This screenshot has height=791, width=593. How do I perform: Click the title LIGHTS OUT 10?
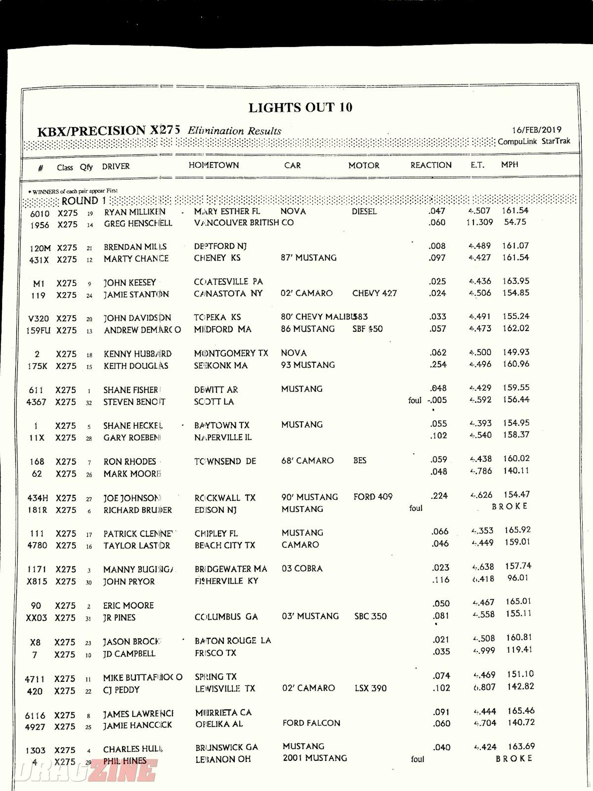tap(300, 108)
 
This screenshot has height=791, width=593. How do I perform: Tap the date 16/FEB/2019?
tap(536, 130)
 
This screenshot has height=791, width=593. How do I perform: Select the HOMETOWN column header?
tap(213, 165)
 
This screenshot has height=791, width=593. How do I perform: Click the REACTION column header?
tap(430, 165)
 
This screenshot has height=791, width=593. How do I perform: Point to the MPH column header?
tap(509, 165)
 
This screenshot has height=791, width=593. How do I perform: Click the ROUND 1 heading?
tap(84, 201)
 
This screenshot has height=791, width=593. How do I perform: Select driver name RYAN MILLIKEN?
tap(134, 212)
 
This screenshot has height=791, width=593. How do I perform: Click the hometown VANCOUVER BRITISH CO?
tap(244, 223)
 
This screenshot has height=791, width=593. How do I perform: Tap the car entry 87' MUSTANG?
tap(308, 258)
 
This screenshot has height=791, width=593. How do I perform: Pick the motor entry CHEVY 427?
tap(374, 293)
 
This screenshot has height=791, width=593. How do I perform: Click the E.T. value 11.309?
tap(479, 222)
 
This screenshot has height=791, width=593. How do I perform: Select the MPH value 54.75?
tap(515, 222)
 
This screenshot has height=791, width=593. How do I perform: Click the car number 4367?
tap(36, 402)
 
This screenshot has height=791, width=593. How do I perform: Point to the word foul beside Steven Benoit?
tap(415, 400)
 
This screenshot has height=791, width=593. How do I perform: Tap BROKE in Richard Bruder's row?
tap(509, 506)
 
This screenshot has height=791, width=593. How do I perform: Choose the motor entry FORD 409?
tap(373, 496)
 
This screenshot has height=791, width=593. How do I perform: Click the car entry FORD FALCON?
tap(311, 723)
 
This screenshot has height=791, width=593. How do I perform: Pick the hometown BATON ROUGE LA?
tap(233, 641)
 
